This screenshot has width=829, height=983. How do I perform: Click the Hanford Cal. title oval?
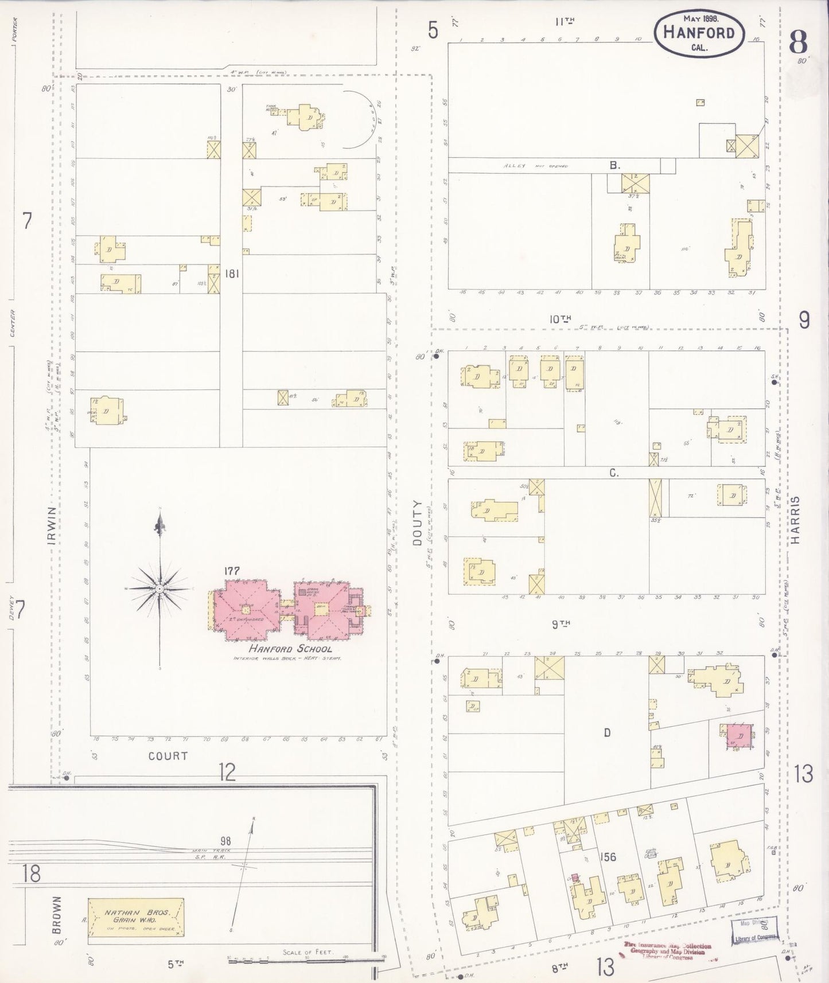(x=699, y=33)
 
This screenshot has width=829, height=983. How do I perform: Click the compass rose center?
(x=159, y=589)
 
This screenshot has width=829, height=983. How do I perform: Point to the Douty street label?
(x=417, y=514)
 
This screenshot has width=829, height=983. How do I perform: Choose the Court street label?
(x=168, y=756)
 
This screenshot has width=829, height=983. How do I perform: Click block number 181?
(x=232, y=274)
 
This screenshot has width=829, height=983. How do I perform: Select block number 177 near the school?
(x=232, y=571)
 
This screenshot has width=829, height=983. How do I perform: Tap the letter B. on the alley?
(x=614, y=165)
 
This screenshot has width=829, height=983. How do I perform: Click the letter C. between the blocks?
(x=613, y=473)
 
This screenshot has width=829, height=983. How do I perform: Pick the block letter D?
(x=606, y=732)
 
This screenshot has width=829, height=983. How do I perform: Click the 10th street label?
(x=561, y=319)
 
